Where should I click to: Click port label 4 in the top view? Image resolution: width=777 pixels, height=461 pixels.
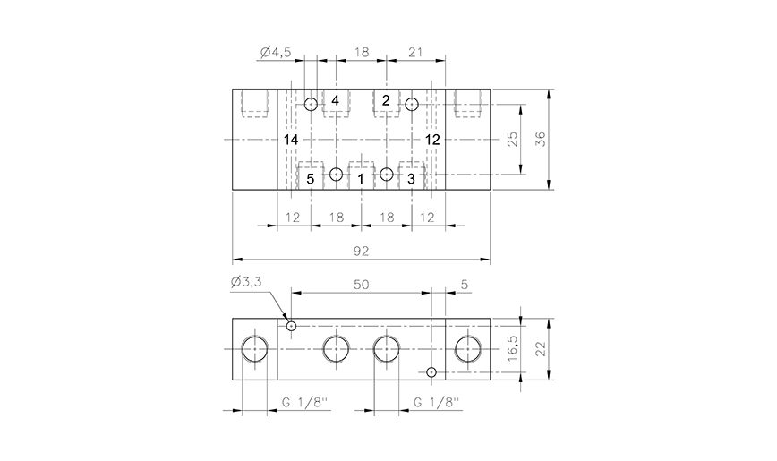pyautogui.click(x=335, y=100)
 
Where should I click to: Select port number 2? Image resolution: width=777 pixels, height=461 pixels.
pyautogui.click(x=386, y=100)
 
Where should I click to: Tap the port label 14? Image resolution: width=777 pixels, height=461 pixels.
pyautogui.click(x=291, y=141)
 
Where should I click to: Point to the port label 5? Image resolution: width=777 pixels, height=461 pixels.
pyautogui.click(x=310, y=179)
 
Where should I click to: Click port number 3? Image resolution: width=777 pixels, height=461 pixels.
pyautogui.click(x=411, y=179)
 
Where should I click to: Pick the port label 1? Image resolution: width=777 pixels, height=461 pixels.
pyautogui.click(x=361, y=179)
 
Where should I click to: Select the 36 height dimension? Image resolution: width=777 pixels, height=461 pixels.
pyautogui.click(x=540, y=139)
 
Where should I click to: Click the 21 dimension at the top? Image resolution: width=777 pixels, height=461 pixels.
pyautogui.click(x=415, y=53)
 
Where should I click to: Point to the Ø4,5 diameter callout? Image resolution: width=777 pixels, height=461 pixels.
pyautogui.click(x=275, y=53)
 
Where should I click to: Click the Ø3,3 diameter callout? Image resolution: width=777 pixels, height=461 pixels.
pyautogui.click(x=246, y=283)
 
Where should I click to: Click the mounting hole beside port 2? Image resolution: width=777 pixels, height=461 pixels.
pyautogui.click(x=411, y=104)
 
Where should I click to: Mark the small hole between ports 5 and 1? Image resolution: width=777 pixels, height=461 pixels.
pyautogui.click(x=336, y=174)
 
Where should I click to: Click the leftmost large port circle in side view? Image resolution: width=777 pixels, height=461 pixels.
pyautogui.click(x=255, y=349)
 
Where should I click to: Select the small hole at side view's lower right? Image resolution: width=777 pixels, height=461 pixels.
pyautogui.click(x=431, y=371)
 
